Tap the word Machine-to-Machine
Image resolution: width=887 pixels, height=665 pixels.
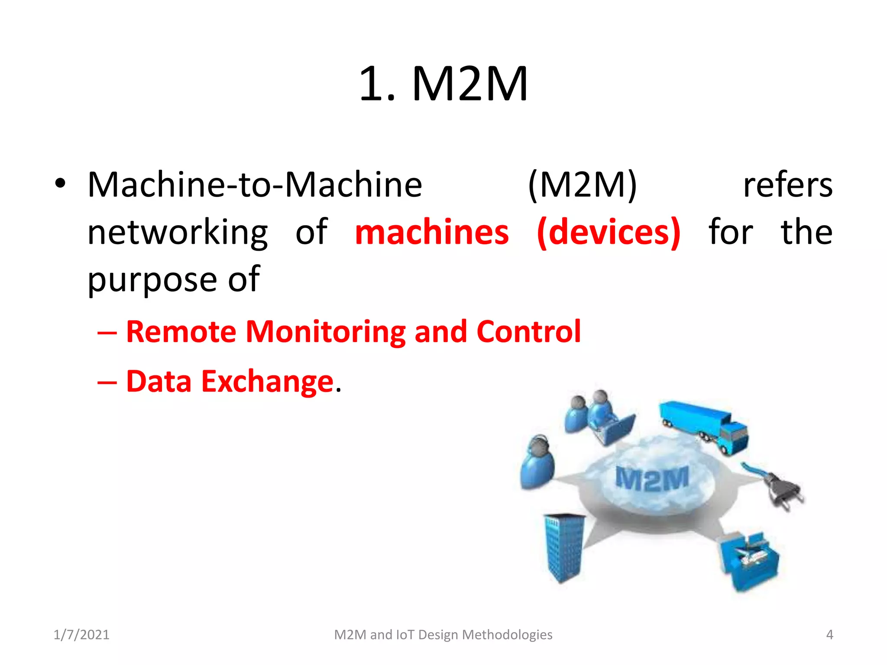coord(255,185)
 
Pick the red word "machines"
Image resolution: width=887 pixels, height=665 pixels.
coord(432,232)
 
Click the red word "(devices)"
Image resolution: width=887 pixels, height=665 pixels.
coord(609,233)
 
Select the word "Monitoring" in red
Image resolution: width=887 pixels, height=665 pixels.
coord(326,332)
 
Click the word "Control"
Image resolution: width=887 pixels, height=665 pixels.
coord(528,332)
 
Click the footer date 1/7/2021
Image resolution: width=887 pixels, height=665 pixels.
coord(81,635)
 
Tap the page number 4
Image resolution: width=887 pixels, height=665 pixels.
coord(829,635)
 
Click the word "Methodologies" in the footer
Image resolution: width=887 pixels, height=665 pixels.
coord(507,635)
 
